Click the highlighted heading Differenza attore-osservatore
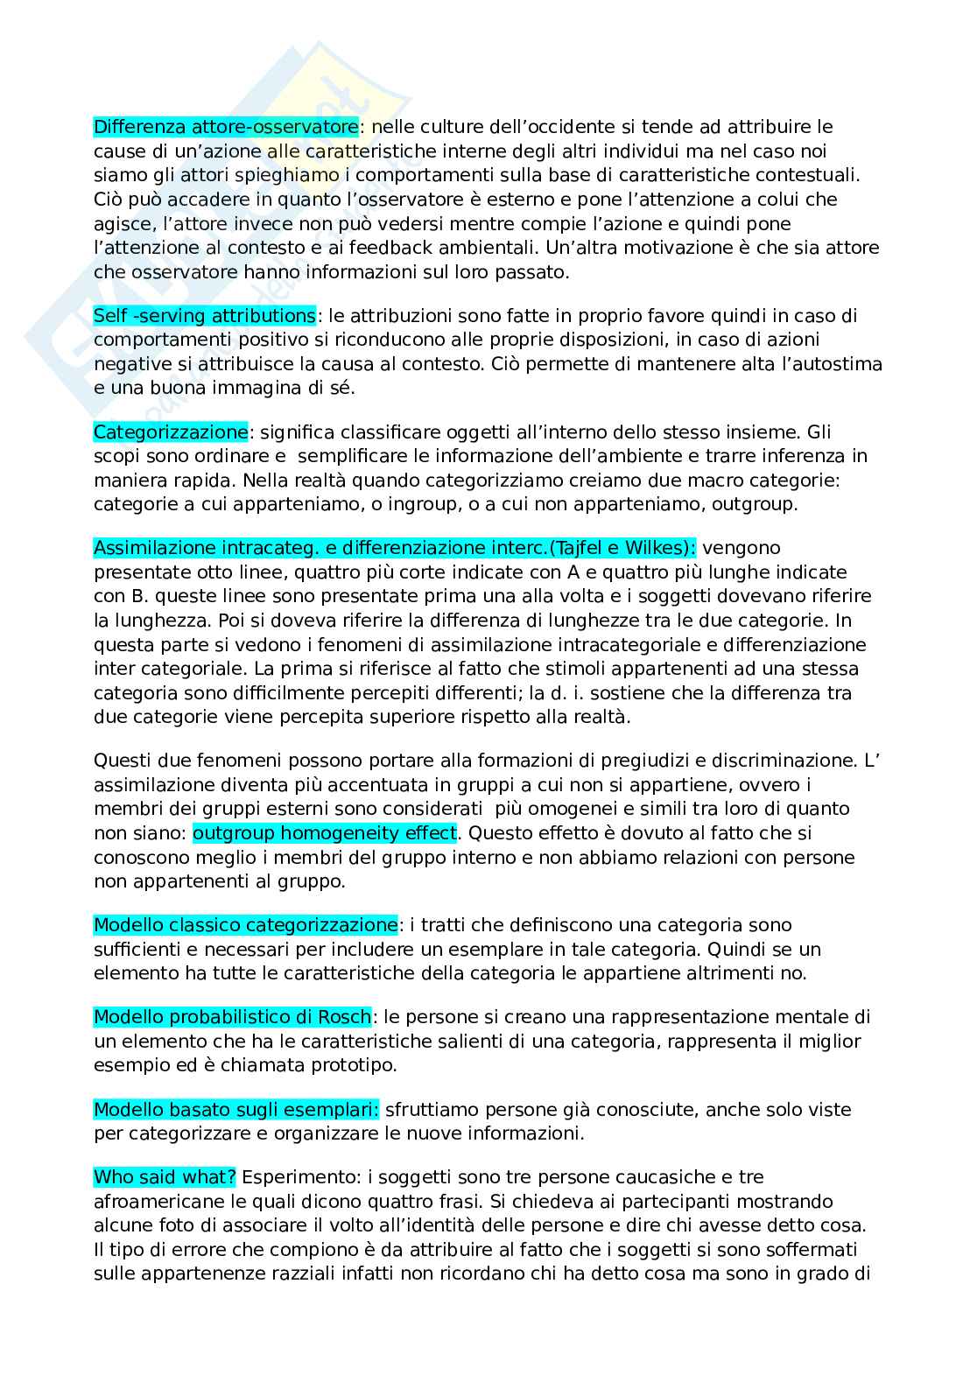pyautogui.click(x=226, y=127)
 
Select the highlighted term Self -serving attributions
pyautogui.click(x=205, y=315)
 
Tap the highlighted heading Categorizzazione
pyautogui.click(x=171, y=431)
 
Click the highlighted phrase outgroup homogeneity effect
pyautogui.click(x=325, y=832)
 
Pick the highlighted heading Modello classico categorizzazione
pyautogui.click(x=245, y=924)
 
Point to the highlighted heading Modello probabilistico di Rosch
pyautogui.click(x=233, y=1017)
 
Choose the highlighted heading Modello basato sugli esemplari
pyautogui.click(x=236, y=1109)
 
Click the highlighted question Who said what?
pyautogui.click(x=165, y=1177)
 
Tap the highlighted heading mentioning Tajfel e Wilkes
pyautogui.click(x=394, y=548)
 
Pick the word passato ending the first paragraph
pyautogui.click(x=535, y=271)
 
